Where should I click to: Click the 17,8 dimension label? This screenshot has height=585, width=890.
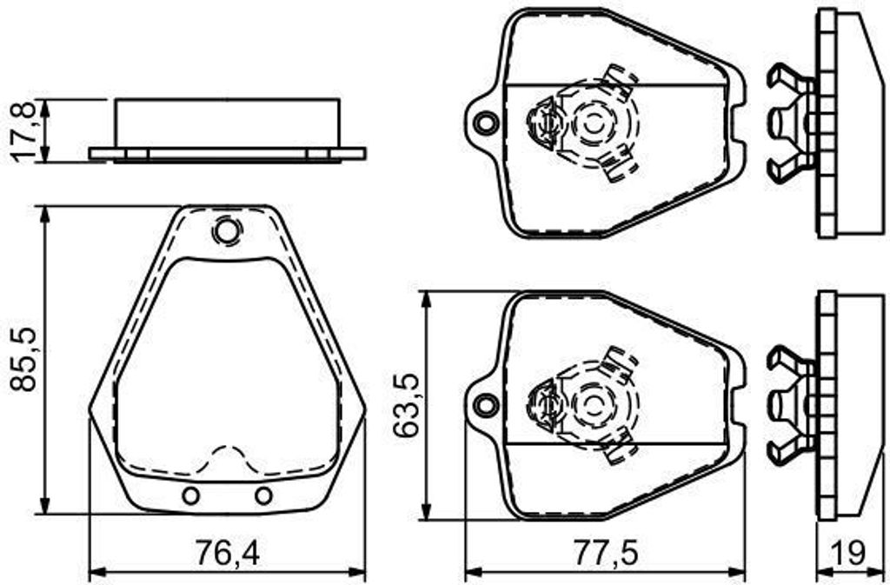click(25, 130)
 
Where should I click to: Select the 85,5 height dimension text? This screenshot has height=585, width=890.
click(25, 358)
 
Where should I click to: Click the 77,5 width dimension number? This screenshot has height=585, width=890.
click(605, 551)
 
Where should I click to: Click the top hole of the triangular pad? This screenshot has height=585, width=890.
click(226, 231)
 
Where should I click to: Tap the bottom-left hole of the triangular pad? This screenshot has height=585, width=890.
click(189, 495)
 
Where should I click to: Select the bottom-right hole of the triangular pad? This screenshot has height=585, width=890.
click(262, 495)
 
